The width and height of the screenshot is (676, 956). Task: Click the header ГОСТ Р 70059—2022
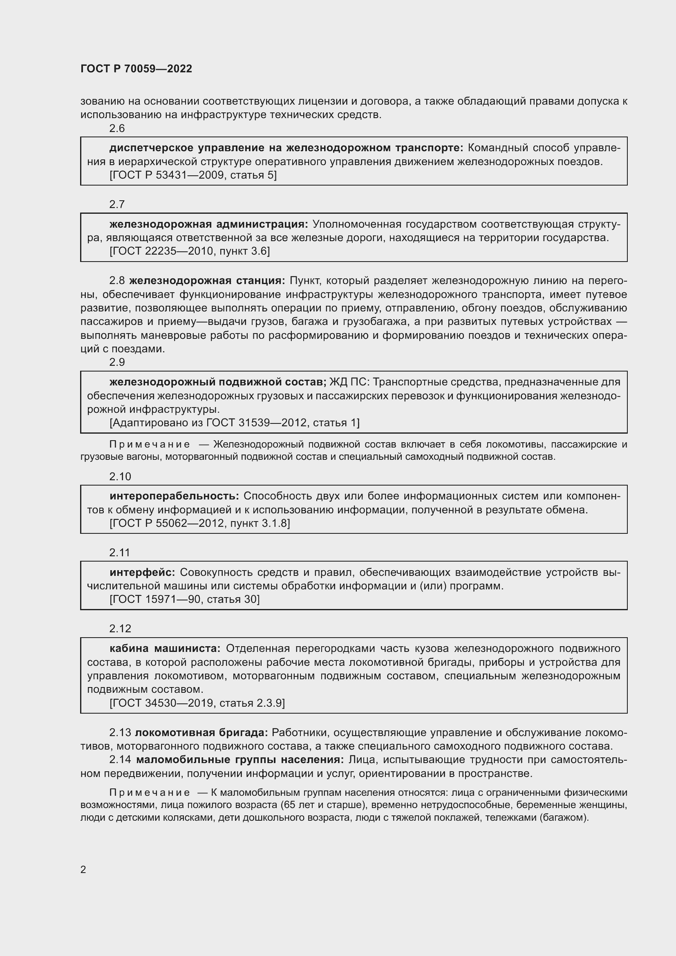click(136, 69)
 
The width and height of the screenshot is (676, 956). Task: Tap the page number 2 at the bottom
click(83, 869)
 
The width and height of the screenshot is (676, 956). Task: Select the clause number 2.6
click(117, 128)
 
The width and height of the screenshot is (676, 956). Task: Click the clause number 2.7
click(117, 204)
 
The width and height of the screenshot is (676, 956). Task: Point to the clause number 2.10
click(120, 476)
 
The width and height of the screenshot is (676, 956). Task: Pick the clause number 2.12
click(120, 628)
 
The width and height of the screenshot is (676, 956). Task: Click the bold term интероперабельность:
click(175, 496)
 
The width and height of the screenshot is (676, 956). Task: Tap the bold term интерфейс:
click(142, 572)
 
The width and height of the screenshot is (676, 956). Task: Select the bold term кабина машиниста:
click(165, 648)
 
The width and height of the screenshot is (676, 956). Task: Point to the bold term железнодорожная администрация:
click(208, 224)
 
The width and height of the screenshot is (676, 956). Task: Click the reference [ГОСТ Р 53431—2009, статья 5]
click(193, 175)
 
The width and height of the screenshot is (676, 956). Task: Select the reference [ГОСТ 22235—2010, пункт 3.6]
click(190, 251)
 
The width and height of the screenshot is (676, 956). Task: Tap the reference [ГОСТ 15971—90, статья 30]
click(184, 599)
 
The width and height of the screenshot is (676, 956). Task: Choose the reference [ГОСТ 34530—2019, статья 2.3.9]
click(197, 703)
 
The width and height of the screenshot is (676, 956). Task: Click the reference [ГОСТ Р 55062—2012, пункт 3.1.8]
click(200, 523)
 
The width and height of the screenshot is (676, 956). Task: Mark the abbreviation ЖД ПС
click(349, 382)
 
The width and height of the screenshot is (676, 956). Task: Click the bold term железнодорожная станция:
click(207, 281)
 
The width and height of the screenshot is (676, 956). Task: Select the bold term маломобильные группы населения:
click(240, 759)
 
